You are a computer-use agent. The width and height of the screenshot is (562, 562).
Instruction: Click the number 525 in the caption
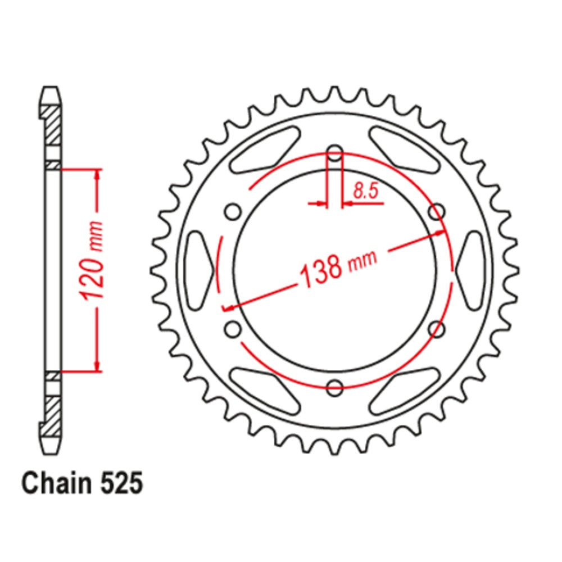pyautogui.click(x=119, y=483)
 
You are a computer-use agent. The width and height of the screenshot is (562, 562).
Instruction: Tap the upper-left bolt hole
pyautogui.click(x=233, y=212)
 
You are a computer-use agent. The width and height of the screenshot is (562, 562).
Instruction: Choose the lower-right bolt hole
pyautogui.click(x=437, y=328)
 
